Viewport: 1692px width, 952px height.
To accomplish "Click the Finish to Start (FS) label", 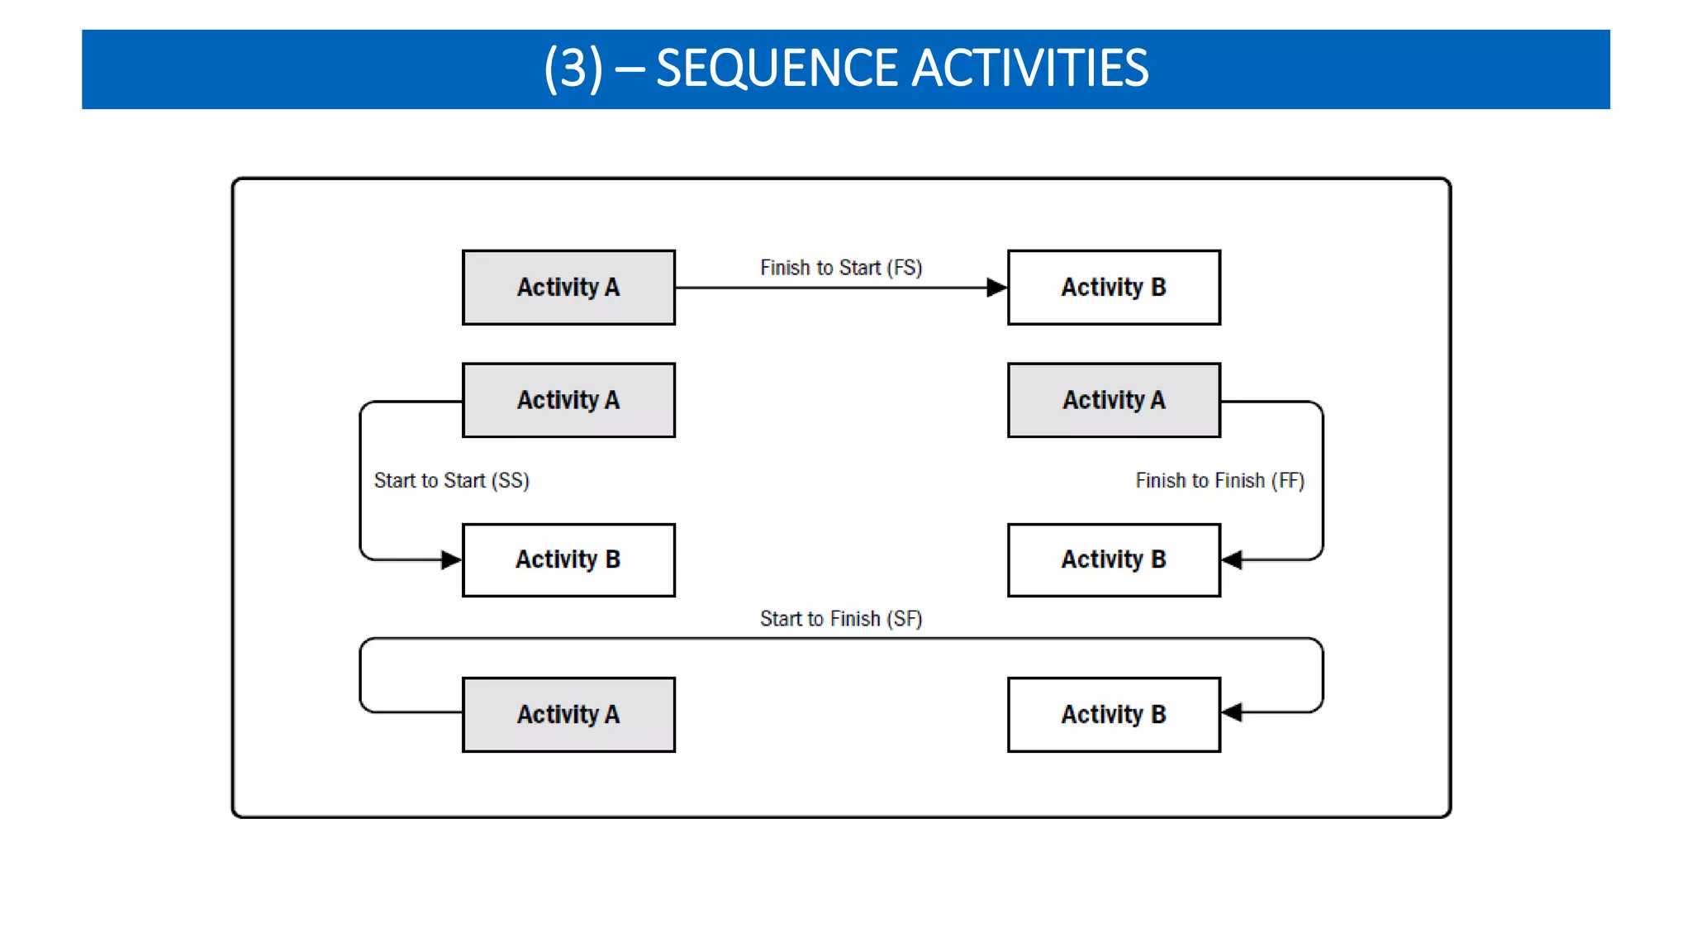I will (x=840, y=268).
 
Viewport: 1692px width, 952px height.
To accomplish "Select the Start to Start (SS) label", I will (x=451, y=480).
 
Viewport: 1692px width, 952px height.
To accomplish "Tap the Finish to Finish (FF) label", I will (x=1219, y=480).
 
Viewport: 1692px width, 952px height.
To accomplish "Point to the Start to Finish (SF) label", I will (x=840, y=618).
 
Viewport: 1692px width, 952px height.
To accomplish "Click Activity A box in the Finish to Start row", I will (x=568, y=288).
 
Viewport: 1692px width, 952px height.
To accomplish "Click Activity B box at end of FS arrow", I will (x=1114, y=288).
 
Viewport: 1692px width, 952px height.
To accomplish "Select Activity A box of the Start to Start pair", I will (x=568, y=400).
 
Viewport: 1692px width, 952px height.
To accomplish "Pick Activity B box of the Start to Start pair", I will (x=568, y=559).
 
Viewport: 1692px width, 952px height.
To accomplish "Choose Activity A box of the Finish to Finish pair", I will (x=1114, y=400).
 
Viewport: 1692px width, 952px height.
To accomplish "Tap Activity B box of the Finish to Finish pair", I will (x=1114, y=559).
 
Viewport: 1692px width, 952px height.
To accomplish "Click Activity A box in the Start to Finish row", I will (x=568, y=714).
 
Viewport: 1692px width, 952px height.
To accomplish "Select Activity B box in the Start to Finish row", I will (x=1114, y=714).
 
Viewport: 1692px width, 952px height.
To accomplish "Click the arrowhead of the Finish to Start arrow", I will (x=997, y=288).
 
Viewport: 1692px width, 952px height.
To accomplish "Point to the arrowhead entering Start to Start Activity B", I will (x=451, y=559).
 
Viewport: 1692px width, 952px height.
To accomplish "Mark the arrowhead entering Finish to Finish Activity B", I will (x=1232, y=559).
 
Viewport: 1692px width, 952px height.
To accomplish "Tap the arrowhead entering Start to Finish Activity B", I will (x=1232, y=712).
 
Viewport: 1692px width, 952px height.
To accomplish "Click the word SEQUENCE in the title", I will (x=776, y=68).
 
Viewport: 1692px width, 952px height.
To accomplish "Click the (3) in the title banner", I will (x=573, y=68).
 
